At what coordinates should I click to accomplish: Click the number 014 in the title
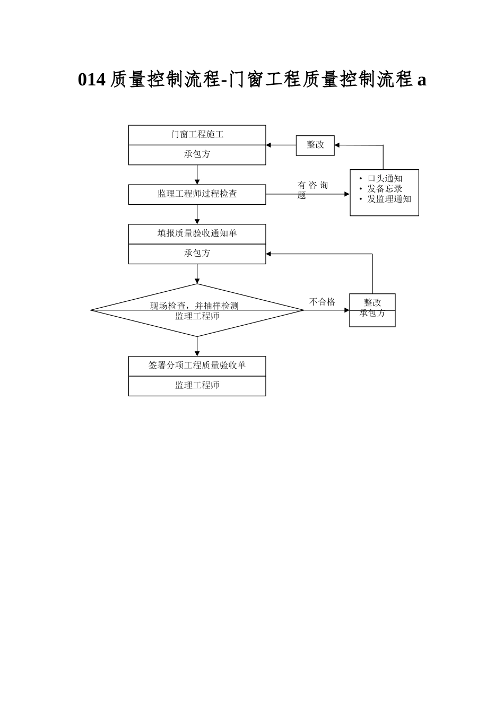point(91,80)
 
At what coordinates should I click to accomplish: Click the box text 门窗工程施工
point(197,135)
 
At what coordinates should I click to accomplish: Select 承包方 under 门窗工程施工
point(197,154)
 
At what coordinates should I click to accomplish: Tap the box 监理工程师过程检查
point(197,194)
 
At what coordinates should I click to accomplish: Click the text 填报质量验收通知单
point(197,233)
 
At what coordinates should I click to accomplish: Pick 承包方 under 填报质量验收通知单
point(197,254)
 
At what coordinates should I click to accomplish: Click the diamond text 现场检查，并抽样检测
point(194,306)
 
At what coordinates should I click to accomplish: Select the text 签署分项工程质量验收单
point(197,366)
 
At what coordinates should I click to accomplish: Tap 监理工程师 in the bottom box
point(197,386)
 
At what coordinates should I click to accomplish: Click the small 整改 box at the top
point(315,145)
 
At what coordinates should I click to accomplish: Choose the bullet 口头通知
point(385,179)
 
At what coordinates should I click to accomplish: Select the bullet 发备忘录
point(385,189)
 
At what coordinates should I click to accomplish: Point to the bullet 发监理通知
point(389,199)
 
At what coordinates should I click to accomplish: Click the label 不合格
point(322,302)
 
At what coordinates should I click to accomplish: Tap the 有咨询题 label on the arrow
point(312,189)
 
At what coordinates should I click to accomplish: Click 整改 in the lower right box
point(372,302)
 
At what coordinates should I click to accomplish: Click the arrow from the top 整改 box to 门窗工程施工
point(281,145)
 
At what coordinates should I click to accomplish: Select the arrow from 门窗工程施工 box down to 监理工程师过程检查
point(197,175)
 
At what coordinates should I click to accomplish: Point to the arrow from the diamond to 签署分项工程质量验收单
point(197,346)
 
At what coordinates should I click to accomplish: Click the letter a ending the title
point(422,80)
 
